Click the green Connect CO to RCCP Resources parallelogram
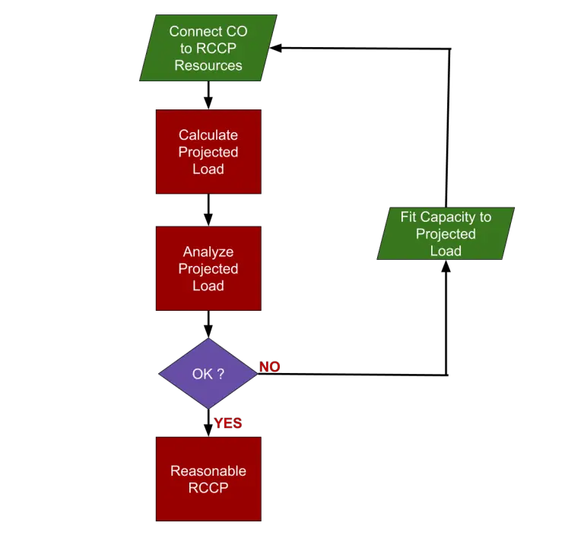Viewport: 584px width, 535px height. [208, 49]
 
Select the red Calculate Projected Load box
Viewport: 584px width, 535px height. [208, 152]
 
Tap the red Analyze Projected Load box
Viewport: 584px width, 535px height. [208, 268]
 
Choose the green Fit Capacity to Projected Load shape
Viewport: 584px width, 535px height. [446, 234]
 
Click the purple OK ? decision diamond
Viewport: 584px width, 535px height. [208, 374]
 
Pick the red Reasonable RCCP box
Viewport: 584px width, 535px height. [208, 479]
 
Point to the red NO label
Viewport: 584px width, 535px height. [269, 367]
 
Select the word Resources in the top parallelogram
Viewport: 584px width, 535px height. [208, 65]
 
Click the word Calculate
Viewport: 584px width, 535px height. [208, 135]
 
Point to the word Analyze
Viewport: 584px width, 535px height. [208, 252]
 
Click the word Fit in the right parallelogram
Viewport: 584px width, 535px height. [409, 217]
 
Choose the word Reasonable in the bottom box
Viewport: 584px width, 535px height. [208, 470]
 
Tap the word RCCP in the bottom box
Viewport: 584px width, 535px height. [208, 488]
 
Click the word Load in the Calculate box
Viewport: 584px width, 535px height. [208, 169]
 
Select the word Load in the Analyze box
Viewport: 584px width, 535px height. [208, 286]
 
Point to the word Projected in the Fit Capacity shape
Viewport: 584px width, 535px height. [446, 234]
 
